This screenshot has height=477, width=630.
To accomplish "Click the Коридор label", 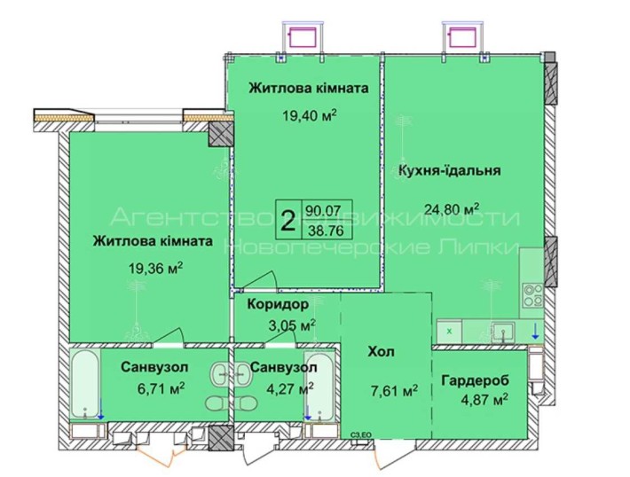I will click(279, 304).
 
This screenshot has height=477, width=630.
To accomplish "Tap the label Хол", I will click(383, 352).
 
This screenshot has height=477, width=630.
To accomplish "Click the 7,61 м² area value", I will click(395, 389).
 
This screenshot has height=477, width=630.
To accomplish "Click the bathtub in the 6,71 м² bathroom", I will click(86, 387).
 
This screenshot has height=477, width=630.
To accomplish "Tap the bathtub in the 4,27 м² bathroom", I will click(319, 387).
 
